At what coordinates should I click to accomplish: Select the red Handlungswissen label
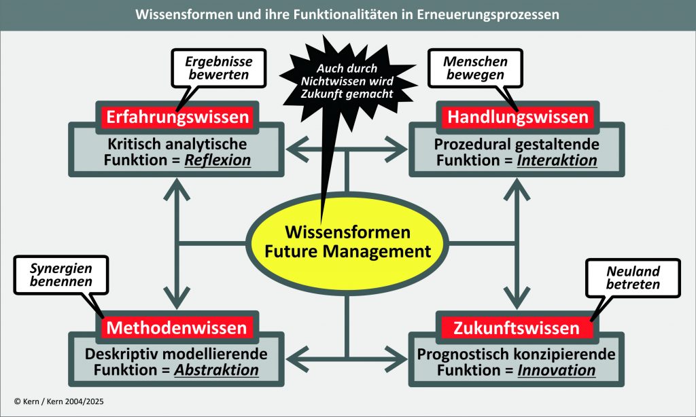click(x=517, y=117)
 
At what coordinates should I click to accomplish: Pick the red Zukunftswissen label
click(x=517, y=329)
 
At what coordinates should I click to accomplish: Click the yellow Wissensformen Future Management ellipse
click(x=347, y=242)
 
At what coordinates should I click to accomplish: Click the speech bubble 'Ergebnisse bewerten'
click(x=217, y=68)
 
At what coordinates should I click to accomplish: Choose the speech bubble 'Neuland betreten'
click(x=633, y=277)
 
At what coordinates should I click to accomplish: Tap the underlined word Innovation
click(x=557, y=371)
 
